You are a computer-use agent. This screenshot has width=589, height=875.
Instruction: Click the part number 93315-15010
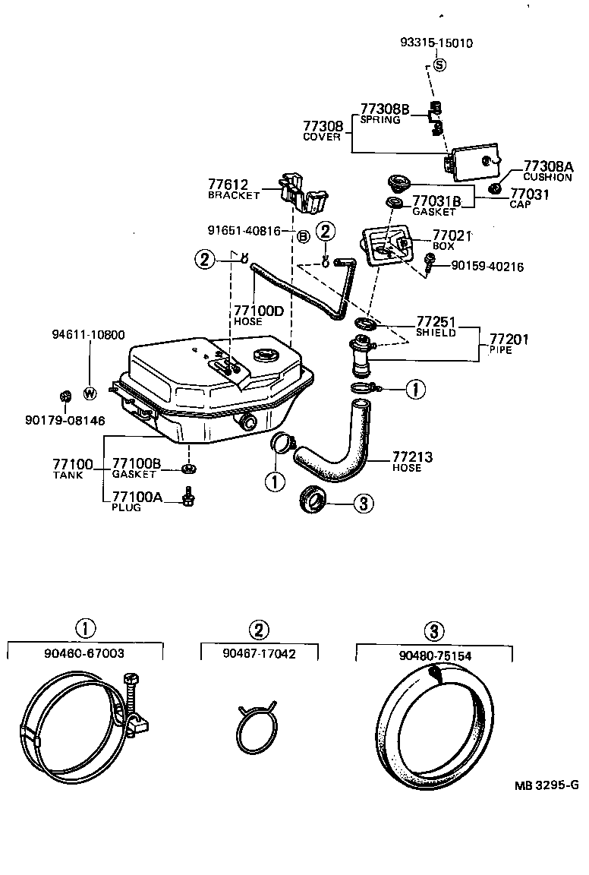click(x=436, y=43)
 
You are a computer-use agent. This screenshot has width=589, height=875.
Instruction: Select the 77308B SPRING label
click(x=385, y=114)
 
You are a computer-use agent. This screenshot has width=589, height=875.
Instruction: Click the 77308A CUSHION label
click(x=547, y=172)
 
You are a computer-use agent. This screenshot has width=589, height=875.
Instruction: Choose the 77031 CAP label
click(x=529, y=198)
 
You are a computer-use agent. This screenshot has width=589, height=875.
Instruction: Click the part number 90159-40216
click(x=487, y=266)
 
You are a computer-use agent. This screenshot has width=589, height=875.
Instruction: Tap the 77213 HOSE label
click(x=412, y=462)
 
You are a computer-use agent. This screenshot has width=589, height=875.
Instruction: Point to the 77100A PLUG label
click(x=133, y=501)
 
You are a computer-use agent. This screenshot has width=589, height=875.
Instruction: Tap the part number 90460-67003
click(x=85, y=652)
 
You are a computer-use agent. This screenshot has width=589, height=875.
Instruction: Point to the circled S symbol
click(x=439, y=65)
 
